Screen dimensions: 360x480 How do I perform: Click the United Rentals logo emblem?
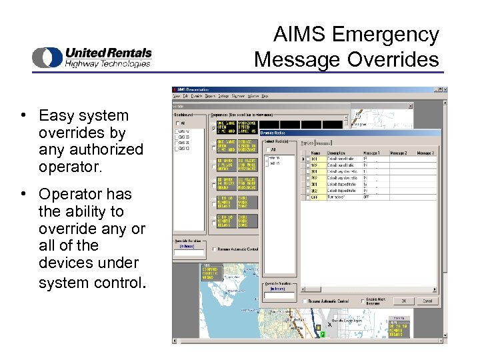point(47,57)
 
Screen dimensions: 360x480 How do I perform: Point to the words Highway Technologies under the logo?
point(107,64)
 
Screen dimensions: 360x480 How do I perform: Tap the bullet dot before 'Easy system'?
point(23,115)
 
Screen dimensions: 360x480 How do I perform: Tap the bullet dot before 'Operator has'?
point(23,194)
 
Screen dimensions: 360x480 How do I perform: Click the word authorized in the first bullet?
point(101,149)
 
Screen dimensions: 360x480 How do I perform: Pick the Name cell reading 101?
point(315,160)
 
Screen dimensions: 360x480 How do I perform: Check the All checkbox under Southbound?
point(178,123)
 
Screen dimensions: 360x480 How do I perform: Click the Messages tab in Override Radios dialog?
point(323,143)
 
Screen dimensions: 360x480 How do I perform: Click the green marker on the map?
point(321,334)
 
